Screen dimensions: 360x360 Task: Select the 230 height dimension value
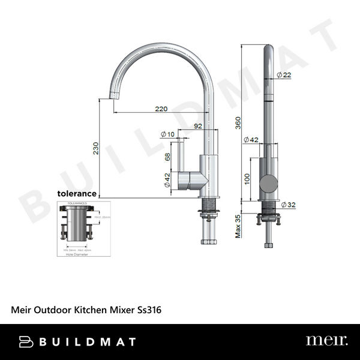[x=96, y=149]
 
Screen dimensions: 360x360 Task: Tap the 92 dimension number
[x=198, y=126]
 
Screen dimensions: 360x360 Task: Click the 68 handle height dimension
[x=168, y=157]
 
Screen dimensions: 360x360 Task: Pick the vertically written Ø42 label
[x=167, y=180]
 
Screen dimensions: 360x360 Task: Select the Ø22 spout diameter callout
[x=284, y=75]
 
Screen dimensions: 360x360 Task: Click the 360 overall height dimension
[x=238, y=124]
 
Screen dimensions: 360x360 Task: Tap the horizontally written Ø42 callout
[x=251, y=140]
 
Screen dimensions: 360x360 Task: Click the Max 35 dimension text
[x=238, y=226]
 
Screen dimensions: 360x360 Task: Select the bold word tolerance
[x=77, y=193]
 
